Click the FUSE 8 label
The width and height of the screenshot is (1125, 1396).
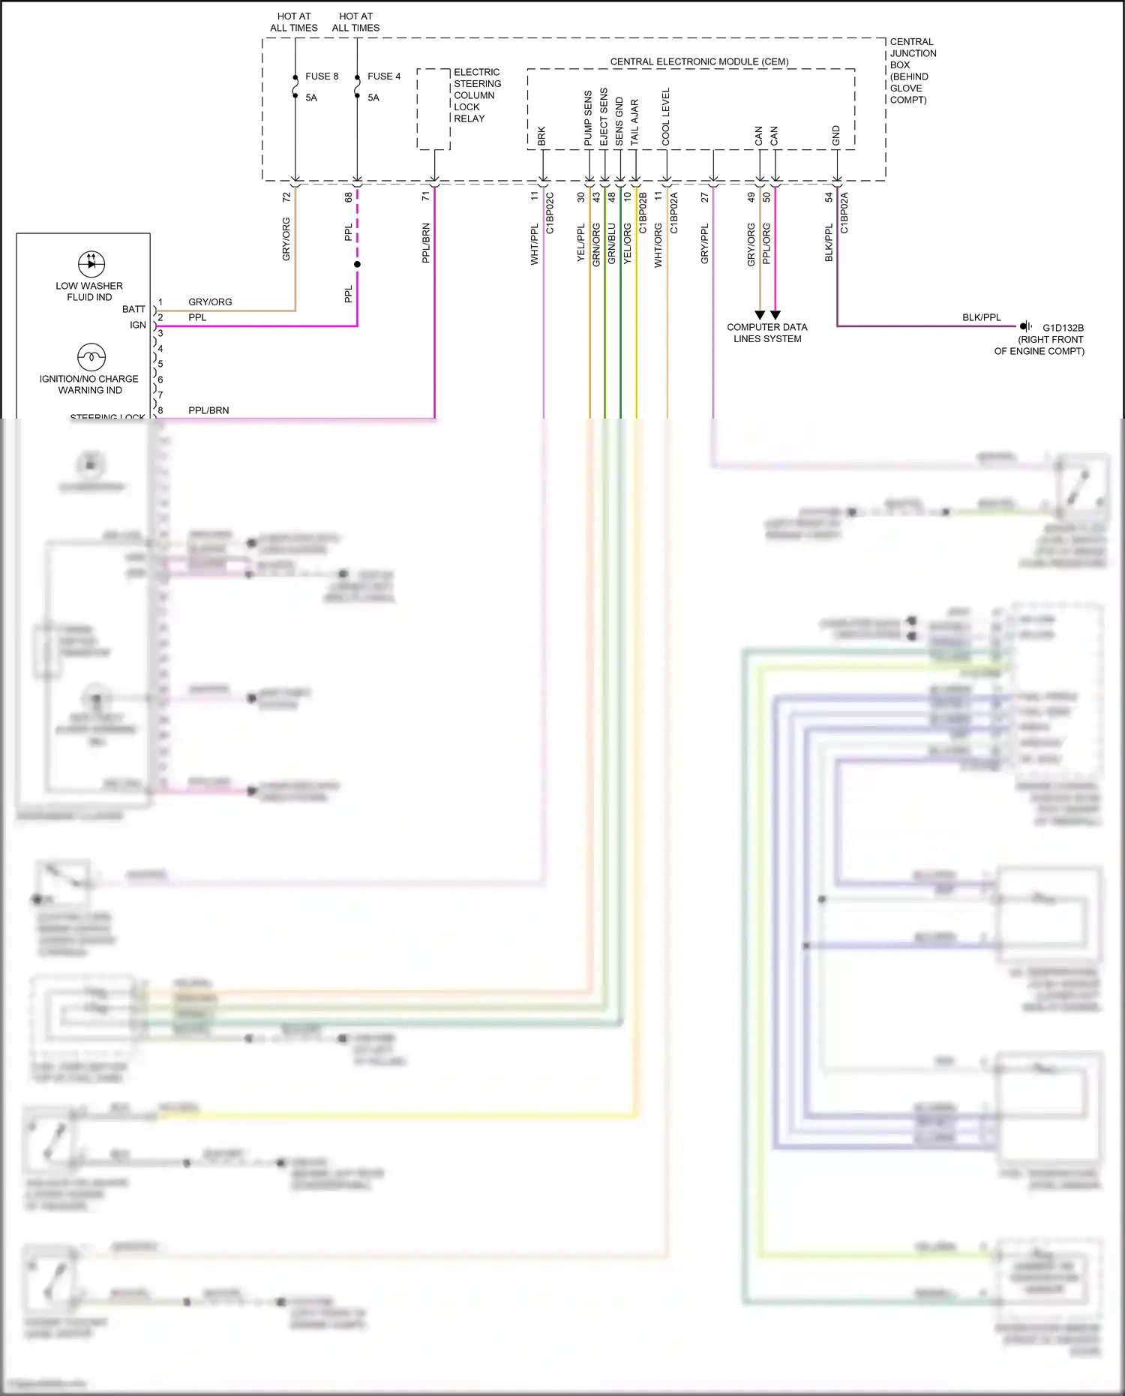321,77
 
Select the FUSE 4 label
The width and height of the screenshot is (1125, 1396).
383,77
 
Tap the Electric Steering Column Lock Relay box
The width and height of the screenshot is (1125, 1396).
433,110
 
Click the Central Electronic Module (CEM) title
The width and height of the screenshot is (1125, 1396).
699,62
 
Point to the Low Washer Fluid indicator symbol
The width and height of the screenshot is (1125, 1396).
91,263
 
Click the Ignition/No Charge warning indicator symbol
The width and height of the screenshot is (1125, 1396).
91,356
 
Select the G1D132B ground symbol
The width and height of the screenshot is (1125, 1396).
1026,326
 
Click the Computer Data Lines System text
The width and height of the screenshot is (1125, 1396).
767,333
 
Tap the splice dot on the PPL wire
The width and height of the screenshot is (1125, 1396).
357,264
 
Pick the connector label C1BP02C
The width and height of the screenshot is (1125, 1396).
550,213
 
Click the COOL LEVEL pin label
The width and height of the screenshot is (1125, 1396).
666,117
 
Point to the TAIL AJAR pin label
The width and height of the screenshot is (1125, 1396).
634,122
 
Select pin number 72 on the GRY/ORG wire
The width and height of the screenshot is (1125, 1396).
286,197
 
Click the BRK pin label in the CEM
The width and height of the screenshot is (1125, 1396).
541,137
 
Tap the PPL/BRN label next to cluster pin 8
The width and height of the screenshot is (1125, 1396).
208,410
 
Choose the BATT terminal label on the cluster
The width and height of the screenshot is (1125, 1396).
133,309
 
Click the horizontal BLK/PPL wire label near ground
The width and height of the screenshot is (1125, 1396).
981,317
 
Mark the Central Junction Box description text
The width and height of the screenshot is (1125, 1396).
913,71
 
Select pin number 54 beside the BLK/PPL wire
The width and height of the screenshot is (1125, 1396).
829,197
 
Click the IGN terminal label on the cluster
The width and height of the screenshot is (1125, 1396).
138,325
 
